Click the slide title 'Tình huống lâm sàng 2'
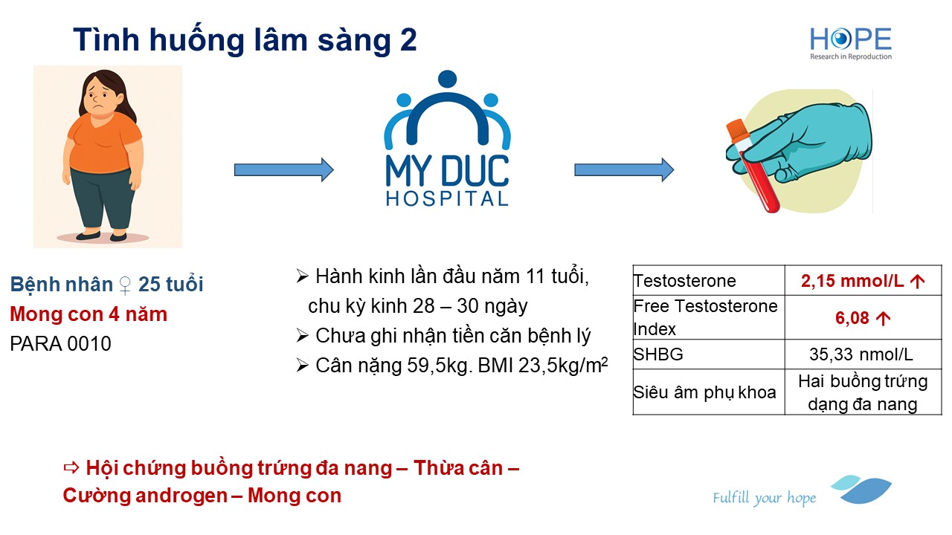click(245, 39)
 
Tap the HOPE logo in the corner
click(851, 43)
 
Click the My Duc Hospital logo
click(447, 138)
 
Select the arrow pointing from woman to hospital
click(284, 170)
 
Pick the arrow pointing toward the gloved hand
click(624, 170)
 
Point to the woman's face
click(100, 100)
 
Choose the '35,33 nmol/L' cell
click(861, 354)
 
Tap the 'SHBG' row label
click(658, 354)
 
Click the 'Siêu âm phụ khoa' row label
click(704, 392)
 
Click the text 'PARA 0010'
click(60, 344)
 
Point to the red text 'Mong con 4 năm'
click(89, 314)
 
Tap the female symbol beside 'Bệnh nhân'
click(125, 285)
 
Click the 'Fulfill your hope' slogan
click(765, 498)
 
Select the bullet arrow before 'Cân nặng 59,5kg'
click(302, 366)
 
